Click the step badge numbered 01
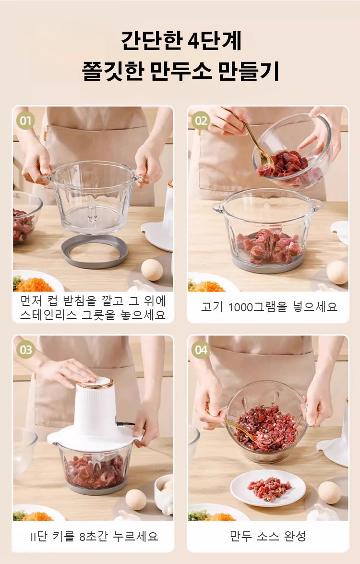(25, 121)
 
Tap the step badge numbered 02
(201, 121)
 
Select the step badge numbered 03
(25, 350)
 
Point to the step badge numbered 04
(201, 350)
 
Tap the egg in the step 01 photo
(152, 270)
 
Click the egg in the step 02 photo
(337, 272)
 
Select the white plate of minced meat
(268, 488)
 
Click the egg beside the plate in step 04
(329, 492)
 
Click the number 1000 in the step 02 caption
(240, 307)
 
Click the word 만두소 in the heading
(180, 71)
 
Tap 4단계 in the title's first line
(215, 40)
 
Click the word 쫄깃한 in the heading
(112, 71)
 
